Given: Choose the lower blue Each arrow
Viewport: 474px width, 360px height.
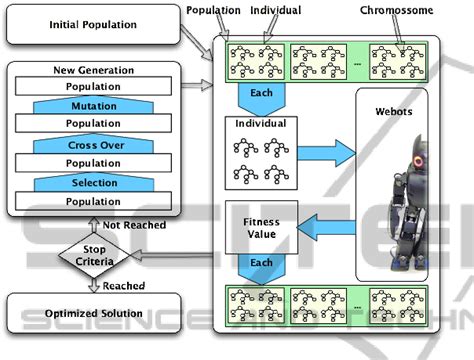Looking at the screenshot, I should [260, 268].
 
